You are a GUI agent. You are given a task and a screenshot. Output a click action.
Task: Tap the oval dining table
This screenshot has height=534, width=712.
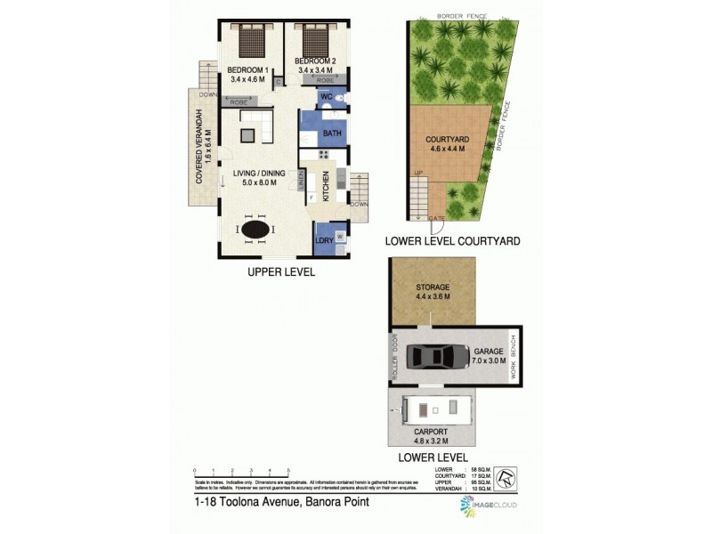pos(255,230)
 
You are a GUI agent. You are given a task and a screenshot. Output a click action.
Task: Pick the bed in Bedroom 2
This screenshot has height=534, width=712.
pos(314,40)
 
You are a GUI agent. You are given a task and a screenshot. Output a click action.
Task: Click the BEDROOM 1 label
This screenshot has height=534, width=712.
pos(248,69)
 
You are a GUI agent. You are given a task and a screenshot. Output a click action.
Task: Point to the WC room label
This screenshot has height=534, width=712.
pos(326,96)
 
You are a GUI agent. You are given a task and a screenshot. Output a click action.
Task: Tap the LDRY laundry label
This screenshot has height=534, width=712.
pos(323,241)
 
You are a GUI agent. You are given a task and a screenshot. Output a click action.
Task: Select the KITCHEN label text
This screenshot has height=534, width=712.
pos(326,186)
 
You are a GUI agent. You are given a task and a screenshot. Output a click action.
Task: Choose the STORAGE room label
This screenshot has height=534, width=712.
pos(433,287)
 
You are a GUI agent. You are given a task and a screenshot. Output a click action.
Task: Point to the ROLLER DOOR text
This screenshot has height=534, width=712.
pos(396,356)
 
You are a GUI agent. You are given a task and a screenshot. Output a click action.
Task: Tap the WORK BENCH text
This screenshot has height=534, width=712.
pos(514,356)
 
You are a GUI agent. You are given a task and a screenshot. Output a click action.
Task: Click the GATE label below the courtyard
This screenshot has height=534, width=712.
pos(436,217)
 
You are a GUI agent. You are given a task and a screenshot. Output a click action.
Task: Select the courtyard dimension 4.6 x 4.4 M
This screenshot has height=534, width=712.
pos(441,150)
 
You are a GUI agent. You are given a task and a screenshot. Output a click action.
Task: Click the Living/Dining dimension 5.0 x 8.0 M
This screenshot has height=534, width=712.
pos(255,182)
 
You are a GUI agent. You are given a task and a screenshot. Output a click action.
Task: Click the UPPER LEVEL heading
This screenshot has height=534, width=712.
pos(280,272)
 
